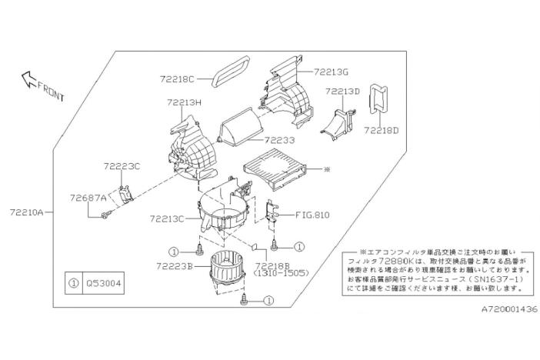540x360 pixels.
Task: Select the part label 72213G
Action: (x=332, y=72)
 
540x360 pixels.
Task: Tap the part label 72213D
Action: (x=343, y=92)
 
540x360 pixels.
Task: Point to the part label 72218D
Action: (x=382, y=130)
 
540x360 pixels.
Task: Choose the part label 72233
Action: (x=278, y=141)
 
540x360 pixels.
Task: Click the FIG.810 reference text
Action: (x=312, y=215)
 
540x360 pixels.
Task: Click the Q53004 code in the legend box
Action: (x=104, y=282)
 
